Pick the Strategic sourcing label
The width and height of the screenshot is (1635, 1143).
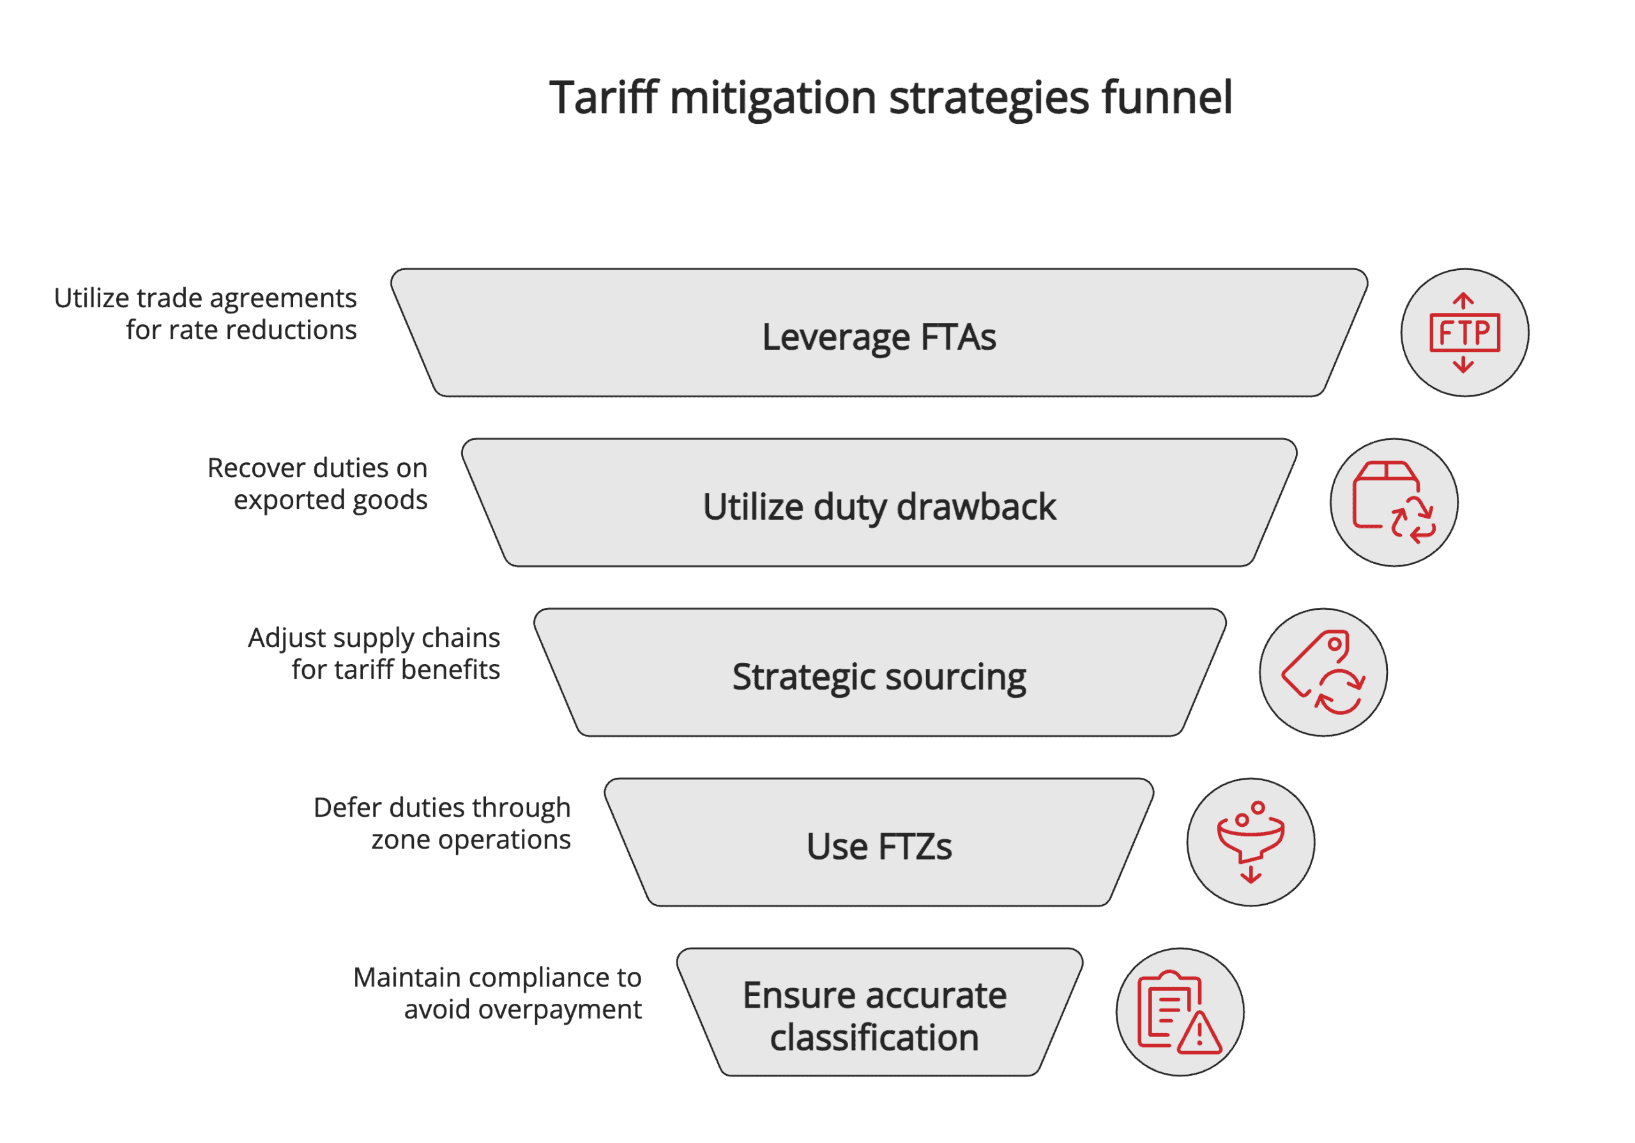point(879,677)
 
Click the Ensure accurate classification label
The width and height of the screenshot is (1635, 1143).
point(874,1016)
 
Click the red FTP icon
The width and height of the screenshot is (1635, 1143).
point(1464,333)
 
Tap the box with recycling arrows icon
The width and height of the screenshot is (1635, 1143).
point(1394,503)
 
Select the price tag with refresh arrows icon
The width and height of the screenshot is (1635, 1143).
point(1323,672)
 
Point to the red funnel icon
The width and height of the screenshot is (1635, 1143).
point(1251,842)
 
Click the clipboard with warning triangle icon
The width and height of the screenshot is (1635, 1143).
point(1179,1012)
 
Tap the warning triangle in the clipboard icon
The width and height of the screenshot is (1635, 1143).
point(1199,1034)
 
